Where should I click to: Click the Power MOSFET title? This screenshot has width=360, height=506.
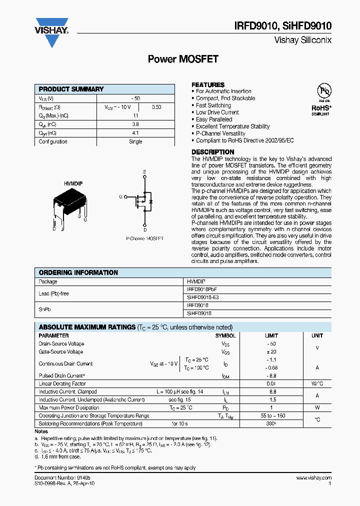click(183, 59)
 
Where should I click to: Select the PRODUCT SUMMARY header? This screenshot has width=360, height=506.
click(71, 89)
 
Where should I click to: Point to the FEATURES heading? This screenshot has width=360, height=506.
click(208, 84)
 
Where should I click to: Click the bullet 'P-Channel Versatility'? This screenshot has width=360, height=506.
click(220, 133)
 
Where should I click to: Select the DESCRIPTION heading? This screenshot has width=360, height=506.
click(212, 152)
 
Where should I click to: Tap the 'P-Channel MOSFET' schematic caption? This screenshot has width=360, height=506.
click(144, 239)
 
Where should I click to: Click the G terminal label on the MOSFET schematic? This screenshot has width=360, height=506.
click(120, 196)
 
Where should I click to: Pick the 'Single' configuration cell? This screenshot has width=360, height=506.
click(135, 141)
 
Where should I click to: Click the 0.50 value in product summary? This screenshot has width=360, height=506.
click(156, 107)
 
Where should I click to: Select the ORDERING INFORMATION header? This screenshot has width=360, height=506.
click(78, 272)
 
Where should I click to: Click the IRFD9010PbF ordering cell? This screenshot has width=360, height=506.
click(202, 289)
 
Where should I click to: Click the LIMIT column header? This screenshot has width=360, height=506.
click(271, 335)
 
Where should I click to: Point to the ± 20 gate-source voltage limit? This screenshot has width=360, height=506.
click(271, 352)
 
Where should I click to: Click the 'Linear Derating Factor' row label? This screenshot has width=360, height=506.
click(62, 383)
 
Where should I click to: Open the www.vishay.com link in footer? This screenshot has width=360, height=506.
click(313, 478)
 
